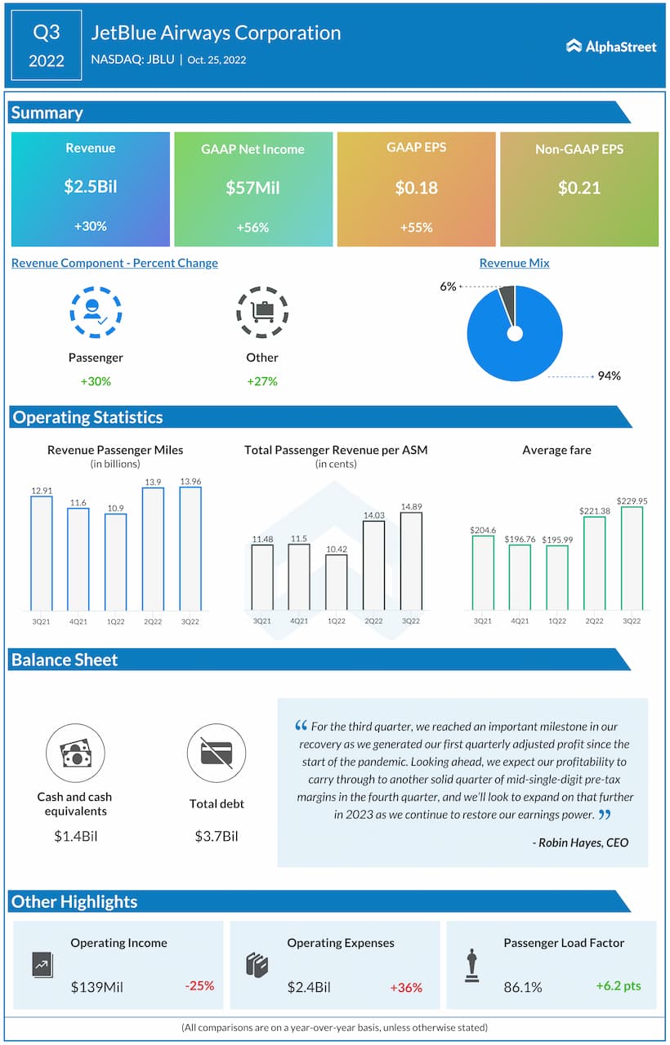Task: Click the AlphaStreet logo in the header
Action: coord(611,47)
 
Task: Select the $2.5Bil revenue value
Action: coord(91,187)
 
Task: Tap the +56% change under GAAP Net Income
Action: coord(252,228)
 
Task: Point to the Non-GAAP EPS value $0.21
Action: coord(578,188)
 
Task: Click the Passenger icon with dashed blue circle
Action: coord(96,311)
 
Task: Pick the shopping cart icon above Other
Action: coord(261,311)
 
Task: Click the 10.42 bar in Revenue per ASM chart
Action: coord(336,582)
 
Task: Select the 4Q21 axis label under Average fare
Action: coord(520,621)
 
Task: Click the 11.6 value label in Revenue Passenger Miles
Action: coord(78,502)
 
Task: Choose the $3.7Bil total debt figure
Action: coord(217,836)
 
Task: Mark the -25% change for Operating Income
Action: coord(199,985)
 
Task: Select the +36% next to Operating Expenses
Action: coord(406,987)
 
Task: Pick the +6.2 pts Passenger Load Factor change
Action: coord(619,985)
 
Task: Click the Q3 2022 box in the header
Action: coord(47,46)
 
